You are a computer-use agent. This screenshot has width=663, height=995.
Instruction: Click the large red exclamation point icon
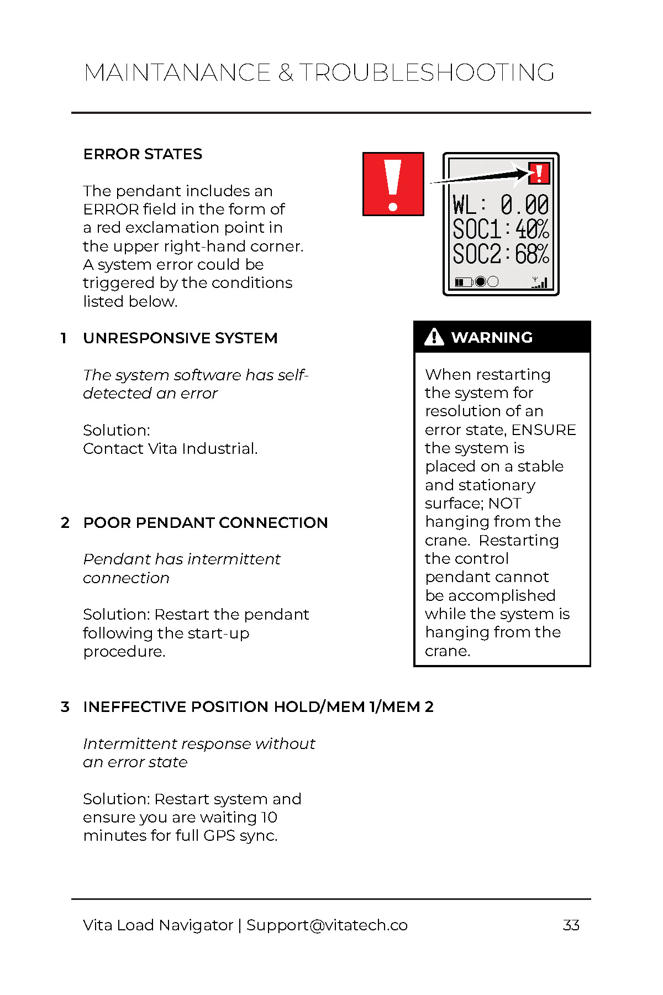point(393,184)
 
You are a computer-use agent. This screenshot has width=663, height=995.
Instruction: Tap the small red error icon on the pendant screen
point(539,173)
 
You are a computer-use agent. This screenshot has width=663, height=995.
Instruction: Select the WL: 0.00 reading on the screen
point(500,205)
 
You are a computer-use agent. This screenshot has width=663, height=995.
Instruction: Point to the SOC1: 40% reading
point(500,229)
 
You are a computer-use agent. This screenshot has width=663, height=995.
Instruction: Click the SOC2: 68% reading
point(500,254)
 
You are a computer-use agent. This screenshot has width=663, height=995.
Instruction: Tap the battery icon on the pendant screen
point(462,282)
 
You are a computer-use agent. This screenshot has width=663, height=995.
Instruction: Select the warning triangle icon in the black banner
point(434,337)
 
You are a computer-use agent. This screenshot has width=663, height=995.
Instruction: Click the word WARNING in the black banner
point(492,337)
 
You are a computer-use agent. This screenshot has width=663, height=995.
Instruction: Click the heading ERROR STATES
point(143,154)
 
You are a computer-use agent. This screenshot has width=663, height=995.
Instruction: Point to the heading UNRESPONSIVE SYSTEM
point(180,338)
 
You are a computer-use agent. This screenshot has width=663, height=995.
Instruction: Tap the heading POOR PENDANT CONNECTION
point(206,523)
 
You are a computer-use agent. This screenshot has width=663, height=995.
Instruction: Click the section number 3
point(65,707)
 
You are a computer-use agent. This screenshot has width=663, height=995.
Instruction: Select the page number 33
point(571,925)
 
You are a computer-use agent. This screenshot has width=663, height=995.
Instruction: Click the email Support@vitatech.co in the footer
point(327,925)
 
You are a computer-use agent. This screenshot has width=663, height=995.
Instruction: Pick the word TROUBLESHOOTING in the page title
point(427,73)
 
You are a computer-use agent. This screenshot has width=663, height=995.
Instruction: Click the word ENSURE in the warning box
point(544,430)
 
